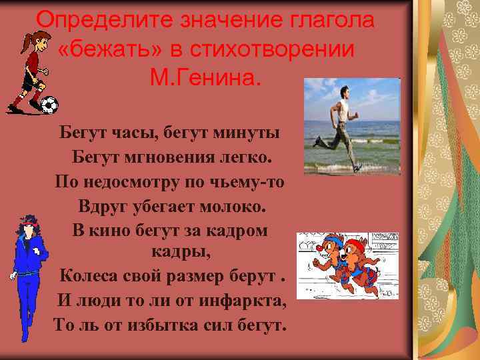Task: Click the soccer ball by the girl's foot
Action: point(49,105)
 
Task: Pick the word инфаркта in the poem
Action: point(246,300)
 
